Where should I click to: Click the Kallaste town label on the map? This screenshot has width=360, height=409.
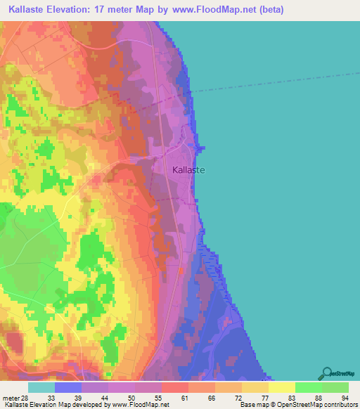click(x=184, y=169)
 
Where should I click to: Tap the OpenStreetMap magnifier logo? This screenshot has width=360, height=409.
click(x=328, y=373)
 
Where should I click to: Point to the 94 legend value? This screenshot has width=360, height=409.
click(x=344, y=397)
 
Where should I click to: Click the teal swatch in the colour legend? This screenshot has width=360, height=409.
click(x=41, y=387)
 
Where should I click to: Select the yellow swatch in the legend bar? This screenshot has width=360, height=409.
click(x=281, y=387)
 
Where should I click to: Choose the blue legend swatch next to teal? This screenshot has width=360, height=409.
click(x=68, y=387)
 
